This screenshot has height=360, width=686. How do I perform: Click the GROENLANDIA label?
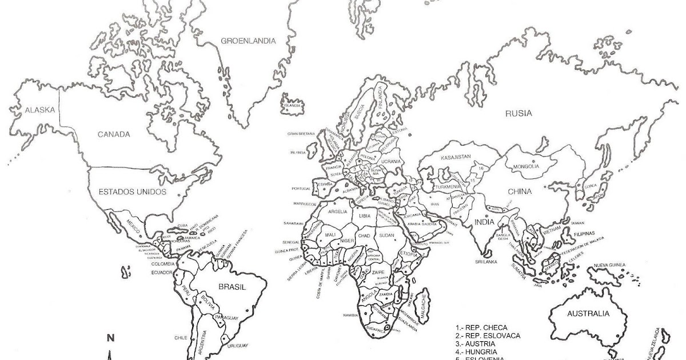pos(248,41)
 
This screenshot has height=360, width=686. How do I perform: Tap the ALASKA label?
pos(35,110)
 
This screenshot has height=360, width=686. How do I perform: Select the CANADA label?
pos(114,135)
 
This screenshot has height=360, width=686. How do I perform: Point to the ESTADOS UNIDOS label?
pos(133,191)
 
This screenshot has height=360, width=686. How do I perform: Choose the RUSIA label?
pos(519,114)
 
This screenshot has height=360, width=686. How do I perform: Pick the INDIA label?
pos(484,222)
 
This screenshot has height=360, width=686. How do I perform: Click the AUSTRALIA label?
pos(588,314)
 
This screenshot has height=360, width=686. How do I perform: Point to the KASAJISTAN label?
pos(456,157)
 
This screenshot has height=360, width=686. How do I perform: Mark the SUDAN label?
pos(387,235)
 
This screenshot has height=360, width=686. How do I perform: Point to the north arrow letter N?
pos(112,338)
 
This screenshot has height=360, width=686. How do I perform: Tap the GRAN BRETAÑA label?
pos(302,133)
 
